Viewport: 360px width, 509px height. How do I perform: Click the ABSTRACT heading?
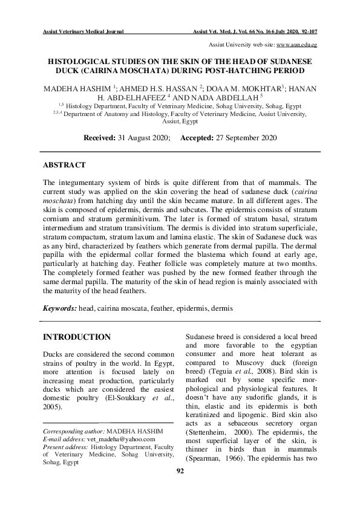64,164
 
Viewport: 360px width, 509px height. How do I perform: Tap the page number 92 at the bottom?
180,488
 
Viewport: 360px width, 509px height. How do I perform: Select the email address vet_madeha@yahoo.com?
126,439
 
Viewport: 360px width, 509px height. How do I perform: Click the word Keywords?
59,308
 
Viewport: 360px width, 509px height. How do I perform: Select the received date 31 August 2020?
146,138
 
